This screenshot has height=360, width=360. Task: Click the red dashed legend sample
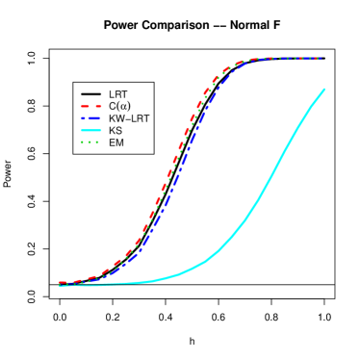(91, 106)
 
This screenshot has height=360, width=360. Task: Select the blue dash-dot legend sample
(91, 118)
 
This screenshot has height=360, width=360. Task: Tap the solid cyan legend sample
(91, 130)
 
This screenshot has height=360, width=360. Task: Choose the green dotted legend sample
(90, 142)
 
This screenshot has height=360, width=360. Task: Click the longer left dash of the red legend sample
(86, 106)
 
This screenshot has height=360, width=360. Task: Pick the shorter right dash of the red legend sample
(98, 106)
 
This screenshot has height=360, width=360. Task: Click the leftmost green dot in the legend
(83, 142)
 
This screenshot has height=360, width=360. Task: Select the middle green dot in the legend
(90, 142)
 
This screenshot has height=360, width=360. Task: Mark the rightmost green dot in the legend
(97, 142)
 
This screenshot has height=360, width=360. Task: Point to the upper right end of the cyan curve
(323, 90)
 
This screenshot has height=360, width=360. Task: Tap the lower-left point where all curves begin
(61, 285)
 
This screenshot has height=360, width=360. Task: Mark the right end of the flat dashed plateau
(319, 59)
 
